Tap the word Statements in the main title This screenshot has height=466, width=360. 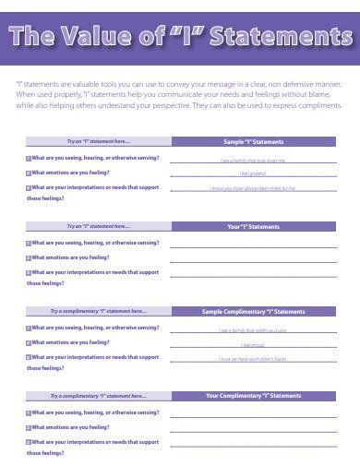(276, 37)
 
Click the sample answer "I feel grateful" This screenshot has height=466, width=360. (253, 173)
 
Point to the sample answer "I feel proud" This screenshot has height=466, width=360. (253, 343)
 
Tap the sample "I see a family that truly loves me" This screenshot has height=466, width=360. (253, 160)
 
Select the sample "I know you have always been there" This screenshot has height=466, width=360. (253, 188)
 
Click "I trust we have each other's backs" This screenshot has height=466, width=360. (253, 358)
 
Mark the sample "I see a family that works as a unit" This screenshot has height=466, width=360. (253, 329)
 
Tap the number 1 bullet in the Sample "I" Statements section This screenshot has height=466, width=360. (28, 159)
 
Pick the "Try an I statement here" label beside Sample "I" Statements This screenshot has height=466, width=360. (98, 142)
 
